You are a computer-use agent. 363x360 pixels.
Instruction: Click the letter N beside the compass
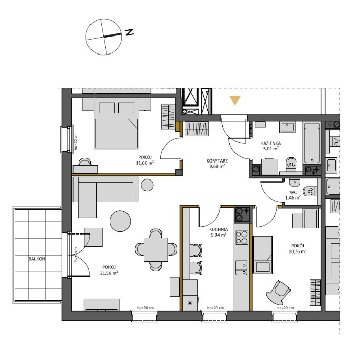tap(129, 32)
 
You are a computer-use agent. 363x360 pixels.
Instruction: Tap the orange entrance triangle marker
tap(235, 100)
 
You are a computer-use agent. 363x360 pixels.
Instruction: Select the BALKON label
tap(37, 259)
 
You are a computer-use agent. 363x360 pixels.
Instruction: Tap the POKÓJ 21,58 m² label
tap(108, 269)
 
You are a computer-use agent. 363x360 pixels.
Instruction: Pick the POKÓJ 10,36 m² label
tap(297, 248)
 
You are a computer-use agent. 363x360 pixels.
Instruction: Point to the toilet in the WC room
tap(311, 191)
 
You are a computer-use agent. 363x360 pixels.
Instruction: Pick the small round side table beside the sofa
tap(148, 184)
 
